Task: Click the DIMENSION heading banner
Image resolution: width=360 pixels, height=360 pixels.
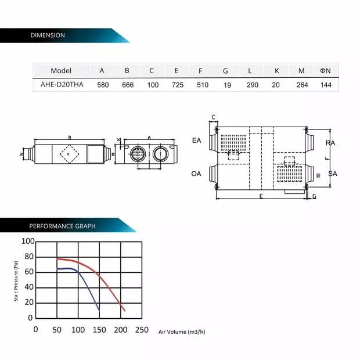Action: tap(48, 35)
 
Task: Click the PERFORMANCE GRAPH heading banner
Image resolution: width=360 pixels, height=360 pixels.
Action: tap(63, 226)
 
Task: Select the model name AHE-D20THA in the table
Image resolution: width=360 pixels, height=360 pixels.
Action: tap(62, 85)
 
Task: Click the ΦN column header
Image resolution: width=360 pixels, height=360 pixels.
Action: tap(325, 71)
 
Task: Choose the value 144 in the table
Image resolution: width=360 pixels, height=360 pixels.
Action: tap(326, 85)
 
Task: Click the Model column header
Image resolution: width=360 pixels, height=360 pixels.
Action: tap(61, 71)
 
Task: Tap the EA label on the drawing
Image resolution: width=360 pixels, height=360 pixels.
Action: tap(196, 141)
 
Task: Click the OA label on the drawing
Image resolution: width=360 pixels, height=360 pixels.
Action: tap(196, 174)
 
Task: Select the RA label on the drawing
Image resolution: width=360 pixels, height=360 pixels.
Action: tap(330, 143)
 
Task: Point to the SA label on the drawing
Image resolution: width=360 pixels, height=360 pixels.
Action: tap(333, 174)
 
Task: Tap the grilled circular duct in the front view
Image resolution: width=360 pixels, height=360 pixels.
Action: tap(138, 154)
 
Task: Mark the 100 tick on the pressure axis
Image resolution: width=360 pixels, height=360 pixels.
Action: tap(28, 241)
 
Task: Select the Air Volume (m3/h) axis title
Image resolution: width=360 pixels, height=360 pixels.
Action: tap(182, 332)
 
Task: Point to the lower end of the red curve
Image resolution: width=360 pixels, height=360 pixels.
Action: tap(124, 311)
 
